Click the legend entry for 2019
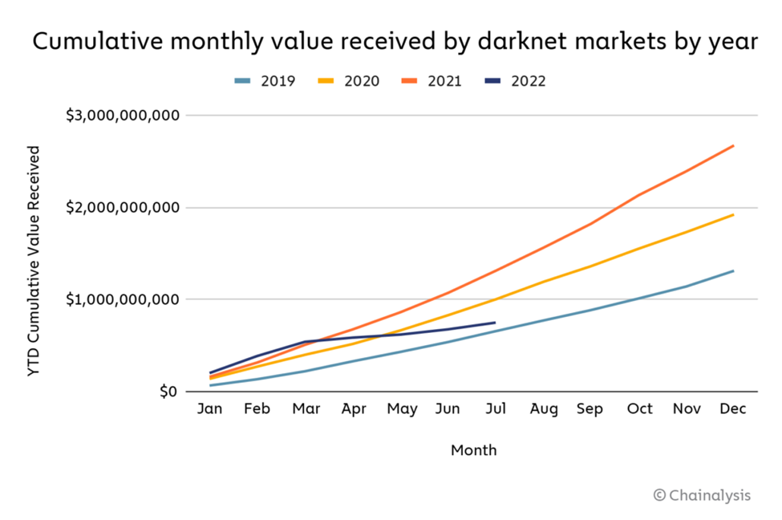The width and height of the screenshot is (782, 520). [265, 81]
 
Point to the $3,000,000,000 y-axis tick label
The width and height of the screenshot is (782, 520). [121, 116]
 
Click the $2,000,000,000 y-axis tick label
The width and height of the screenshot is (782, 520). [121, 208]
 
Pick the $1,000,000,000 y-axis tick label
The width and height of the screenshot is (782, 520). [121, 299]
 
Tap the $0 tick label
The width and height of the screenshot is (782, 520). [165, 392]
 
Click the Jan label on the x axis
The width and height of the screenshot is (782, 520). [210, 409]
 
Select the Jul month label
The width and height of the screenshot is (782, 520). [496, 409]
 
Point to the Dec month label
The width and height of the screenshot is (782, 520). [733, 409]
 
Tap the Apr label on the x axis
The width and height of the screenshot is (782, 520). [353, 409]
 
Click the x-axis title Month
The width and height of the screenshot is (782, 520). [473, 450]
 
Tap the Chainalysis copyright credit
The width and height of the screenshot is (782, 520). [702, 495]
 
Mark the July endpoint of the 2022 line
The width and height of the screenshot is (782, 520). [495, 323]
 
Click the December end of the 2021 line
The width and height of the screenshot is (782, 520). [733, 146]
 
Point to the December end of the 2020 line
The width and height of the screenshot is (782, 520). [733, 215]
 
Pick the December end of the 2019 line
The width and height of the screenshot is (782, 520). [733, 271]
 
